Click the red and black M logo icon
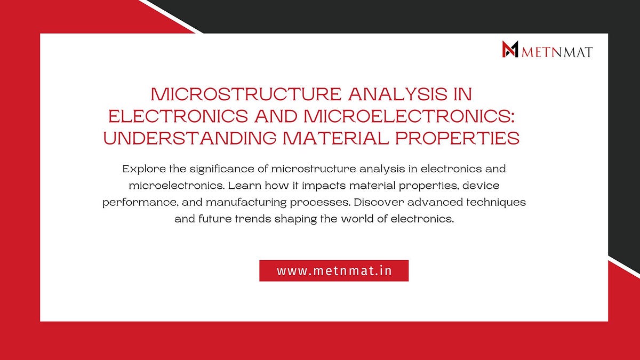point(510,50)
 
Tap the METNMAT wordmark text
point(557,52)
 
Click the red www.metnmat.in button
point(334,270)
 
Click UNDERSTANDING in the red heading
point(190,138)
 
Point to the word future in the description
point(215,220)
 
